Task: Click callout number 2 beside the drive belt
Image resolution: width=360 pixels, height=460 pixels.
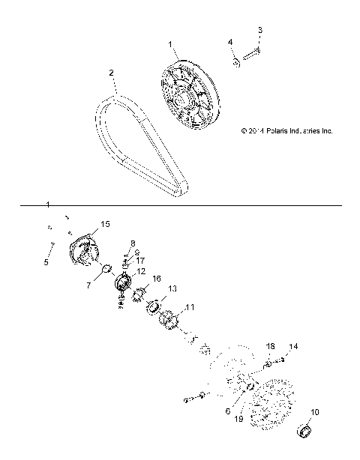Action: (111, 73)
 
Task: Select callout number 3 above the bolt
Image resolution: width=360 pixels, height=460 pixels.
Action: (260, 31)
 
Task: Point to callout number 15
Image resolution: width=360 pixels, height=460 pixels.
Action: (105, 224)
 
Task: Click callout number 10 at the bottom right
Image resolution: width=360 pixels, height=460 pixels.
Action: (315, 412)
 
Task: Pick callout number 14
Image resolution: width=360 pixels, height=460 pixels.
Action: (294, 346)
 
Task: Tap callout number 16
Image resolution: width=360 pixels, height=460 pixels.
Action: (157, 279)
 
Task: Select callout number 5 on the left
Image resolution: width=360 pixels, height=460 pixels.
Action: (45, 262)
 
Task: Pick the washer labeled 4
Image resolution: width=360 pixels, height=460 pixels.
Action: (235, 60)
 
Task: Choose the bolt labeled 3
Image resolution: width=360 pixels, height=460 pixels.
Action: (253, 52)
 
